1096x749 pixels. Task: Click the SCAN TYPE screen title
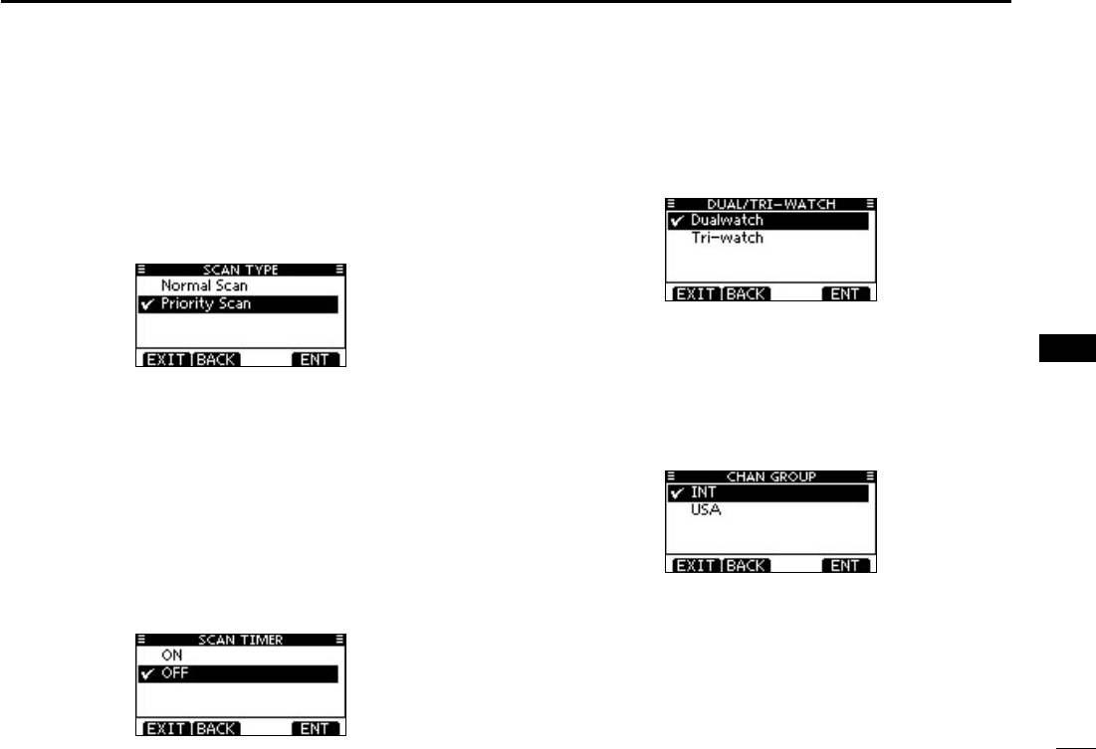[240, 270]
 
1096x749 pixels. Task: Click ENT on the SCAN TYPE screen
[316, 359]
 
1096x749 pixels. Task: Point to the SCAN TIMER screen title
[240, 640]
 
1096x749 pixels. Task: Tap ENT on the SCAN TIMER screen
[316, 729]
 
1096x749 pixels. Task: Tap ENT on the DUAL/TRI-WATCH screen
[845, 294]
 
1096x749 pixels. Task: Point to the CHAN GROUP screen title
[769, 476]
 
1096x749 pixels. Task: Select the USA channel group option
[709, 510]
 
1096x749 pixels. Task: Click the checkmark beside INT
[677, 493]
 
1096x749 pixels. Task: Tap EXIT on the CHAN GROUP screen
[693, 566]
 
